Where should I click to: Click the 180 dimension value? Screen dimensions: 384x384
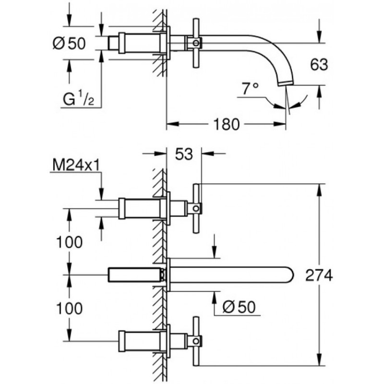tap(226, 124)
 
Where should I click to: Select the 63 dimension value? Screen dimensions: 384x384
tap(319, 65)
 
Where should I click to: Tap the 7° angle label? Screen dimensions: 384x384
tap(250, 89)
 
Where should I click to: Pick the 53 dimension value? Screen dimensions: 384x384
tap(184, 154)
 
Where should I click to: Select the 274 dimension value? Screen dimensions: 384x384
tap(319, 275)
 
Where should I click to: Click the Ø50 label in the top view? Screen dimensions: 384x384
tap(69, 44)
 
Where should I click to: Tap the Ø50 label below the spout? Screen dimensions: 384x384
tap(239, 307)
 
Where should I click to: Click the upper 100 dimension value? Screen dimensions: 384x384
tap(69, 242)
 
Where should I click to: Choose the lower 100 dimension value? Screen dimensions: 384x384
tap(69, 308)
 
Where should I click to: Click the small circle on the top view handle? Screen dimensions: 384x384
tap(196, 43)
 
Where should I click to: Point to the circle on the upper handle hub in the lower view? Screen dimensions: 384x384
tap(196, 208)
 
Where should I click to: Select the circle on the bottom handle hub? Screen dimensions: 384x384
tap(196, 341)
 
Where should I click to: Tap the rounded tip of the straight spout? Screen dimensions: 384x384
tap(290, 275)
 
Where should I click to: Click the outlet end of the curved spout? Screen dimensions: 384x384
tap(285, 84)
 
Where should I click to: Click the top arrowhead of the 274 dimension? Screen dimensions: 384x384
tap(319, 190)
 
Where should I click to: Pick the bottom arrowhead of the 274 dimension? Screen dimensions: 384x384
tap(319, 360)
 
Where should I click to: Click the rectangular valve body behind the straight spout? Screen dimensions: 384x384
tap(136, 275)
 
